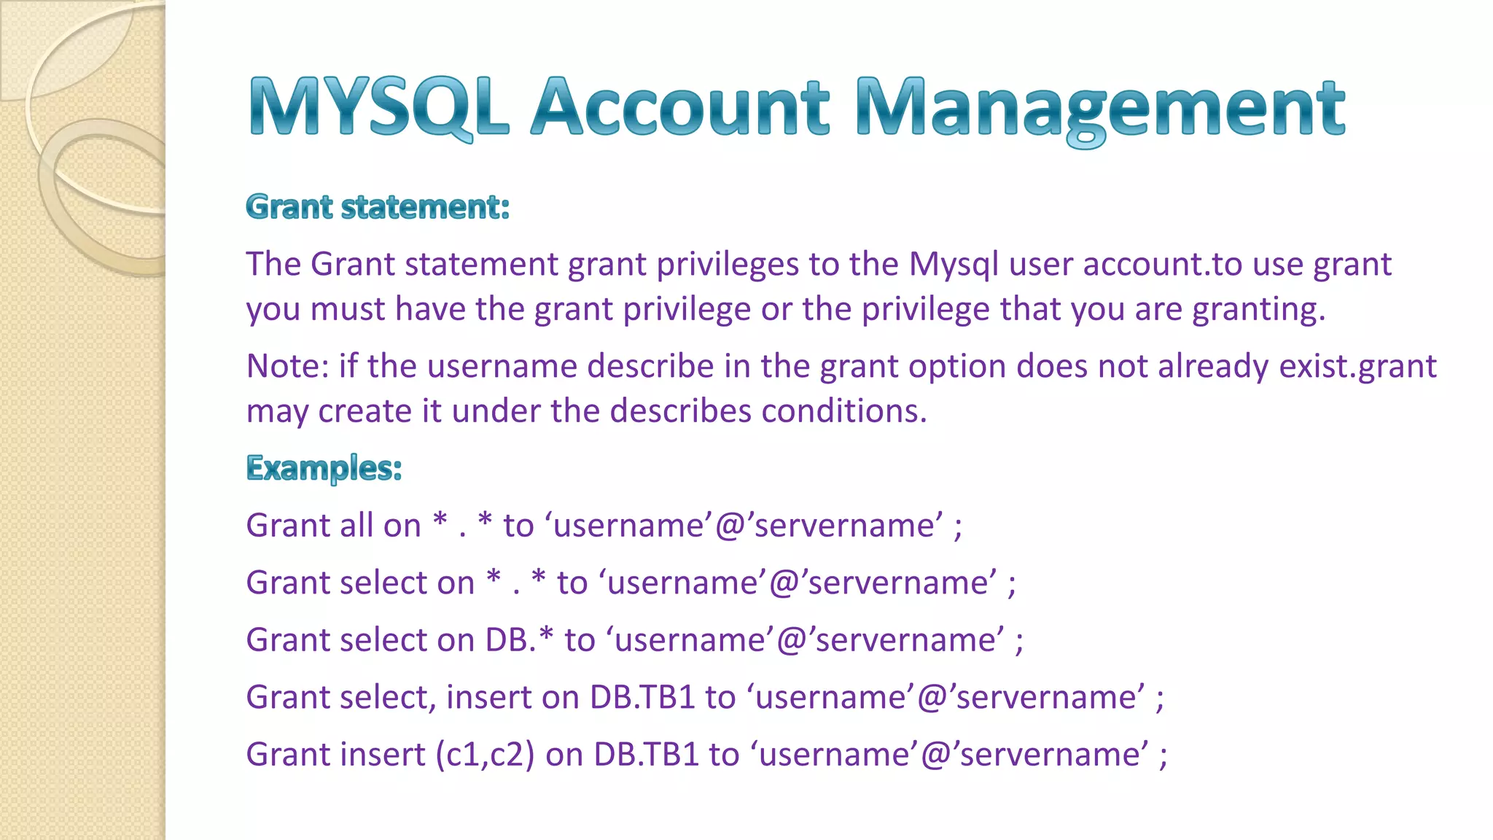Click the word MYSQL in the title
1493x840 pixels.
click(378, 108)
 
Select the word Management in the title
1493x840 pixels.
click(1100, 109)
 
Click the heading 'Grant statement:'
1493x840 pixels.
click(378, 207)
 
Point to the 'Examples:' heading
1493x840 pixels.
click(324, 468)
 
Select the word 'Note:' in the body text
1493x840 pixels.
click(287, 366)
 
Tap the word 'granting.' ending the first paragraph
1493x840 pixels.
click(1258, 310)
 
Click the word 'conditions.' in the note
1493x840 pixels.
click(844, 412)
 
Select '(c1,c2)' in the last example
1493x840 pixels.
click(485, 755)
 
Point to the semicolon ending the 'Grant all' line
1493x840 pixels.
click(958, 527)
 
